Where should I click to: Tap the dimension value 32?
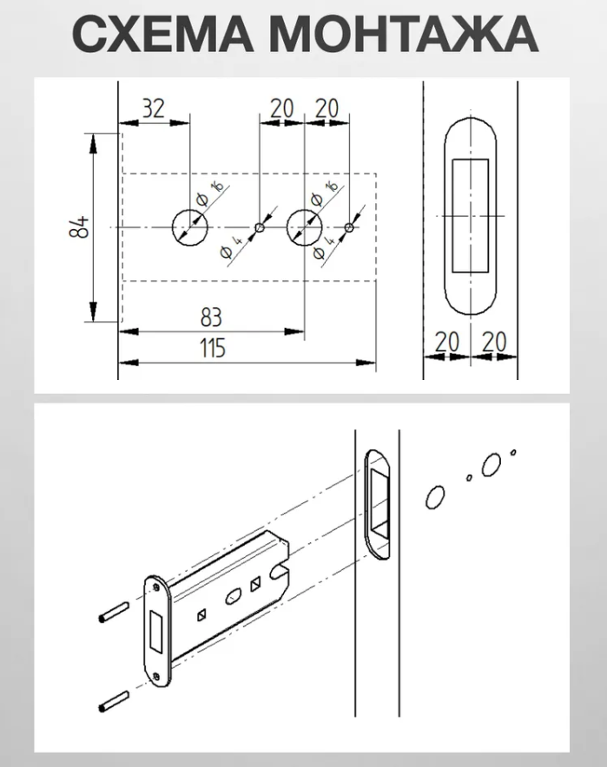pyautogui.click(x=153, y=108)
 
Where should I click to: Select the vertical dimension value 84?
pyautogui.click(x=79, y=227)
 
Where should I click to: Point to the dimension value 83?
pyautogui.click(x=212, y=318)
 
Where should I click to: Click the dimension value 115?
pyautogui.click(x=212, y=348)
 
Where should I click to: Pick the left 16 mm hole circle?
pyautogui.click(x=190, y=227)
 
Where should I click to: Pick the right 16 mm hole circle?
pyautogui.click(x=305, y=227)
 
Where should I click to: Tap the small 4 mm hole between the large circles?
pyautogui.click(x=260, y=227)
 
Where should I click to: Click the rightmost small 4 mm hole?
pyautogui.click(x=348, y=227)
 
